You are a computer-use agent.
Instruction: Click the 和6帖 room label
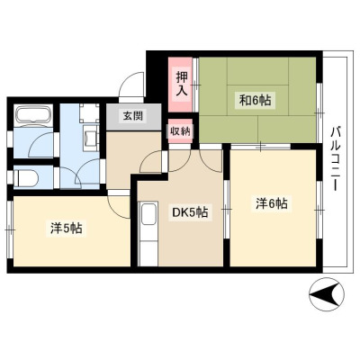pos(255,101)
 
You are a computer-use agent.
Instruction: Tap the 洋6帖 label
pos(272,204)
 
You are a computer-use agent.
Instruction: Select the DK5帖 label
pos(190,212)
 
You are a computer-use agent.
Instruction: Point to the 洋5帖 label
pos(66,229)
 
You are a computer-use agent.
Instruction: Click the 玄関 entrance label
pos(132,115)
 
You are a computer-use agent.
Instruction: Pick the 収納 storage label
pos(181,130)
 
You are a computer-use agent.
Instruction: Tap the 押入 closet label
pos(182,83)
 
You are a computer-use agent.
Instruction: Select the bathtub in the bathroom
pos(33,115)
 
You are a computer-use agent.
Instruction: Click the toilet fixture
pos(26,178)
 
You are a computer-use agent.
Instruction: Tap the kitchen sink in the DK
pos(149,213)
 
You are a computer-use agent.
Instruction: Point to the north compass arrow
pos(327,293)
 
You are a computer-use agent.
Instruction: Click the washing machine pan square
pos(89,112)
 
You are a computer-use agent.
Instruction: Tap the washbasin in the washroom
pos(91,139)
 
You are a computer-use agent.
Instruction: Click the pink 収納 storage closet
pos(180,130)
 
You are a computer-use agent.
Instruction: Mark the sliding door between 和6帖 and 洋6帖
pos(261,146)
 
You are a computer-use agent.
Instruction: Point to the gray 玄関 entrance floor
pos(133,117)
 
